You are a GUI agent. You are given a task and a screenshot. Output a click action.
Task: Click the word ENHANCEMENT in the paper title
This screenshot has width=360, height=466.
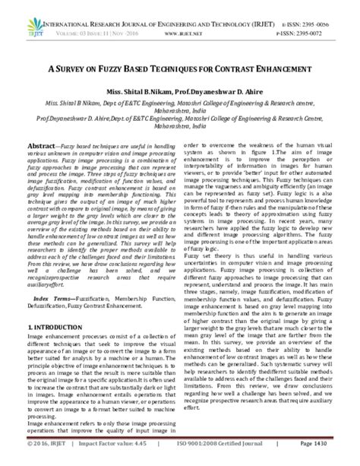pyautogui.click(x=276, y=68)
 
